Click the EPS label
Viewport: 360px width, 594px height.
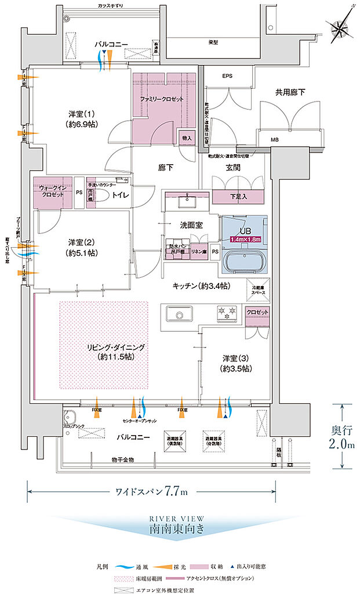[x=227, y=76]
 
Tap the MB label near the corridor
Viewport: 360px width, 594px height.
[x=274, y=140]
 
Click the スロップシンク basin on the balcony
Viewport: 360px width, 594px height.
[x=70, y=419]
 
